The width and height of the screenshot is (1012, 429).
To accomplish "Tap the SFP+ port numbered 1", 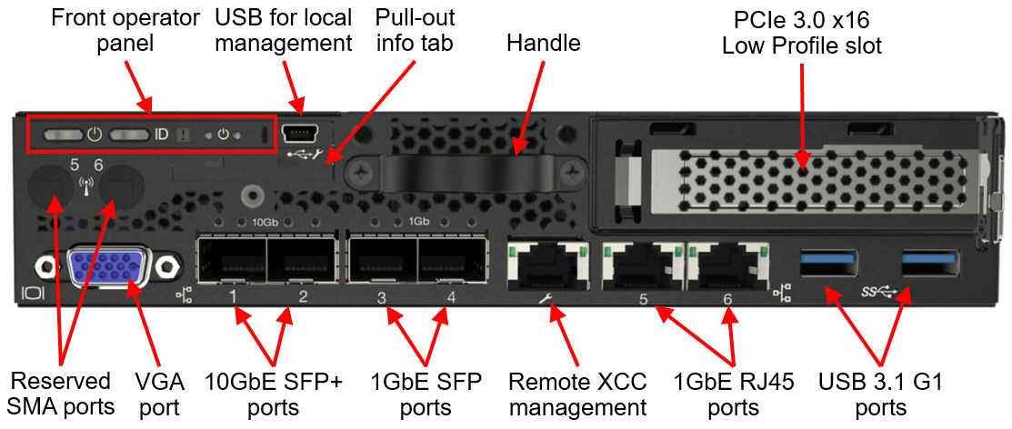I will pyautogui.click(x=233, y=264).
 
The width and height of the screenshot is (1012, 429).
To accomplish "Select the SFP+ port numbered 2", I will pyautogui.click(x=301, y=264).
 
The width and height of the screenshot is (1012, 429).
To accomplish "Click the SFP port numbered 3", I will pyautogui.click(x=383, y=264).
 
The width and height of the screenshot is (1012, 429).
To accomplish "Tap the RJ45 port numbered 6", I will pyautogui.click(x=723, y=265).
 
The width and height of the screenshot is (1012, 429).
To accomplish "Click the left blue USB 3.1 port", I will pyautogui.click(x=827, y=264).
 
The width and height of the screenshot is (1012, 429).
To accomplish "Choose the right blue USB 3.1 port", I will pyautogui.click(x=930, y=264).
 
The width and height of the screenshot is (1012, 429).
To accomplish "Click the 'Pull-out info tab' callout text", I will pyautogui.click(x=415, y=30).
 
